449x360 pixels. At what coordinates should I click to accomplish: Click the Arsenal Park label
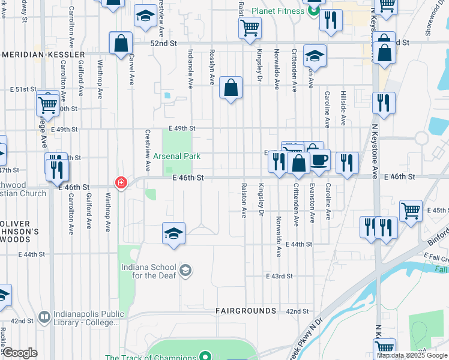pyautogui.click(x=176, y=156)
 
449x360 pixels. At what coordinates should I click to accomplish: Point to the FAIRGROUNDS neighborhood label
pyautogui.click(x=246, y=311)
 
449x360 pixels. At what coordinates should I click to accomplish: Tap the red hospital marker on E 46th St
pyautogui.click(x=121, y=182)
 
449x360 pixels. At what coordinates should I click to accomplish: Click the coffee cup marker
pyautogui.click(x=320, y=159)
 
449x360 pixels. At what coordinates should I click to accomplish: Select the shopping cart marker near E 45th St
pyautogui.click(x=411, y=211)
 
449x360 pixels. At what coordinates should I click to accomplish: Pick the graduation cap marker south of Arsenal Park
pyautogui.click(x=174, y=233)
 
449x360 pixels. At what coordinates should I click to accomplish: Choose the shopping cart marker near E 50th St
pyautogui.click(x=47, y=104)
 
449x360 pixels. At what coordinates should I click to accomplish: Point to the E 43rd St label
pyautogui.click(x=280, y=276)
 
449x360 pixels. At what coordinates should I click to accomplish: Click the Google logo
pyautogui.click(x=20, y=352)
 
